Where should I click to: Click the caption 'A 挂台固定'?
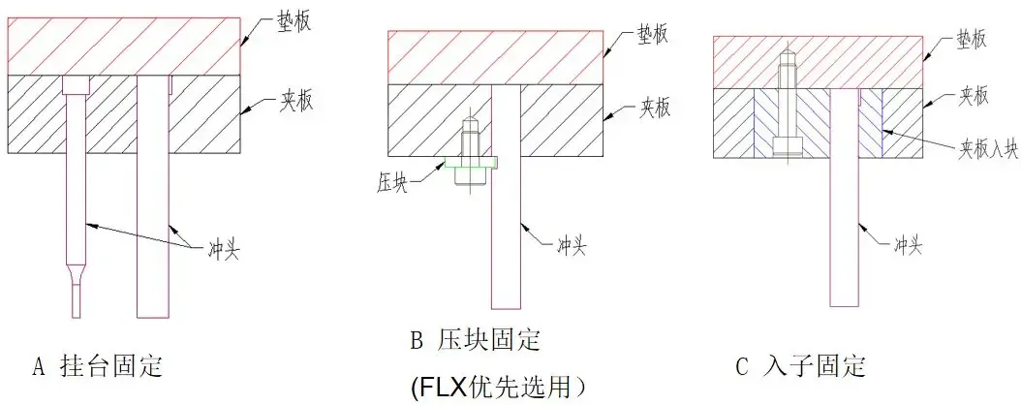tap(97, 367)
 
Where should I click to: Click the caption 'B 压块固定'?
tap(475, 341)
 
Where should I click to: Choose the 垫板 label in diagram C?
tap(970, 39)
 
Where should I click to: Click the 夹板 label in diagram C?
tap(973, 96)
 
